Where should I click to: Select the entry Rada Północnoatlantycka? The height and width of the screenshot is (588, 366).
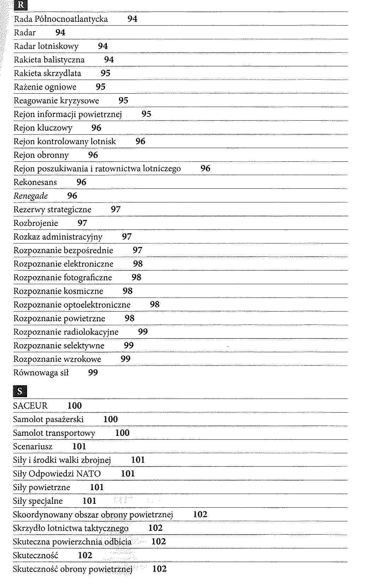[x=61, y=19]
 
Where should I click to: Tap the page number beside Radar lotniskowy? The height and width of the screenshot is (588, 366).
[x=103, y=46]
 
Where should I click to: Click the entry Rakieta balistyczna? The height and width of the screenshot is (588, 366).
[x=49, y=60]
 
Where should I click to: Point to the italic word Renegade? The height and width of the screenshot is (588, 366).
[x=31, y=196]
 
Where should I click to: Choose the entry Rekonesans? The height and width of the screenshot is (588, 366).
[x=35, y=182]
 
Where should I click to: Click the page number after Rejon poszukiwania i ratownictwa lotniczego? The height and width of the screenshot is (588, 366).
[x=205, y=169]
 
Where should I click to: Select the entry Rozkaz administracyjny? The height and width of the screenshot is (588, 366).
[x=58, y=237]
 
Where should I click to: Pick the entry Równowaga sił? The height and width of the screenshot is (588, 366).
[x=41, y=373]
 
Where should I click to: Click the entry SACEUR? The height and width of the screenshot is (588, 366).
[x=30, y=406]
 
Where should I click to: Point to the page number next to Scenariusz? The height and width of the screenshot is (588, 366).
[x=79, y=447]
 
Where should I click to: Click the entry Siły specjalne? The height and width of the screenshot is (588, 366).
[x=38, y=501]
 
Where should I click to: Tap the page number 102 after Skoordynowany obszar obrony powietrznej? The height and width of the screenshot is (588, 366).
[x=200, y=515]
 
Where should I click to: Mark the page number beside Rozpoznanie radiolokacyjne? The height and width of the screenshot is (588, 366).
[x=143, y=332]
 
